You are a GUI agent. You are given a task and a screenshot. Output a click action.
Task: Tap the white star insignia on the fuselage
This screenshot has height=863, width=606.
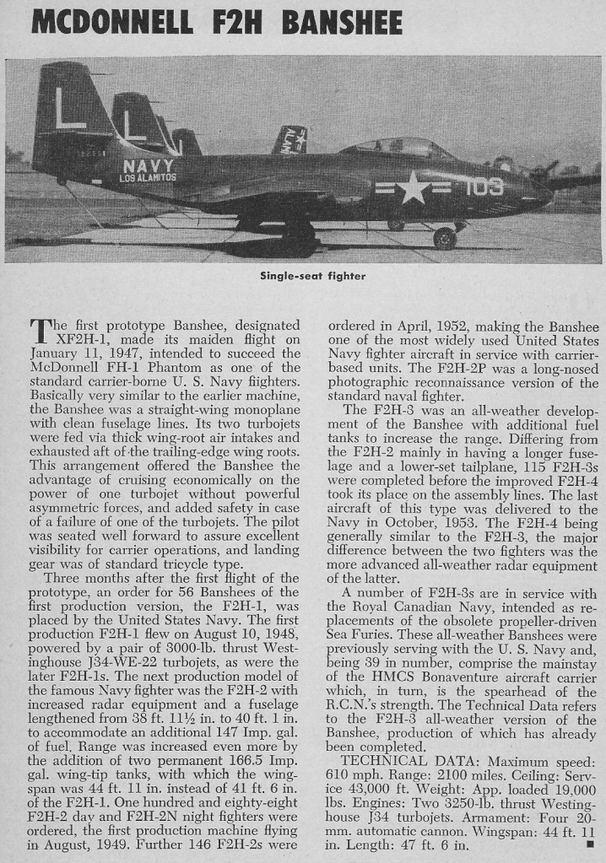(x=414, y=187)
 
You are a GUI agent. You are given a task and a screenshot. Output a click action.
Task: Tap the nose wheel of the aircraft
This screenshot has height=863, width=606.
(x=445, y=239)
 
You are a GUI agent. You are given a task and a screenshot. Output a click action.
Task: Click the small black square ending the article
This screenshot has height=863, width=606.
(x=588, y=843)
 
